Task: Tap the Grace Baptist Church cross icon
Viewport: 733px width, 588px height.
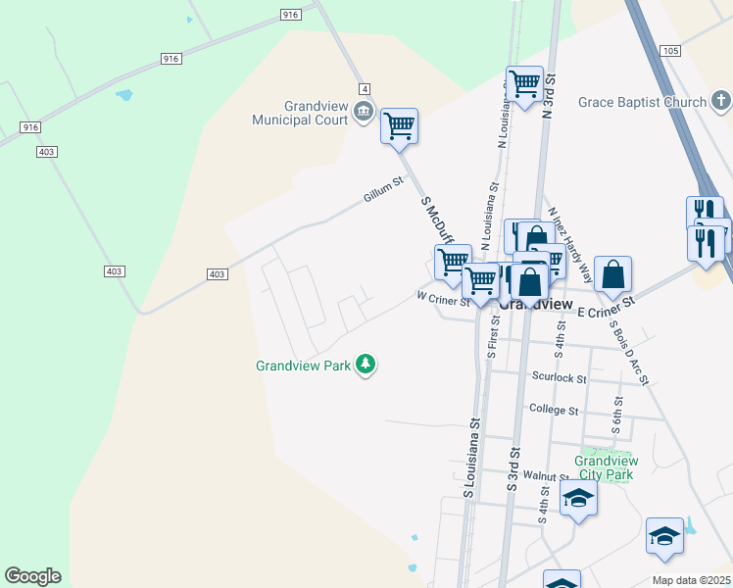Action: [720, 101]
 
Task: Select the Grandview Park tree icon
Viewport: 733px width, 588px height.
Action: [366, 366]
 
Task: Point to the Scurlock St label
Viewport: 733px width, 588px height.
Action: [559, 377]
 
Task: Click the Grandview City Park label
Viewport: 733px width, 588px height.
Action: [606, 467]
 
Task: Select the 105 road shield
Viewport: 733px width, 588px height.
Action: [670, 50]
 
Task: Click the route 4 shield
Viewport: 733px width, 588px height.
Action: [364, 88]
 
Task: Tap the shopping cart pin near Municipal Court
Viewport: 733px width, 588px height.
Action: [399, 125]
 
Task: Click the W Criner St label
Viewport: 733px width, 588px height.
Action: [443, 298]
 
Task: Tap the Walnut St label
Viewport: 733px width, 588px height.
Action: [539, 475]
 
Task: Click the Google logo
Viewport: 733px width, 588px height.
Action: [32, 576]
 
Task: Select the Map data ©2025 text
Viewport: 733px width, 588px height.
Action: [690, 580]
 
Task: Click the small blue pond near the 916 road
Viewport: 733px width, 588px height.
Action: [123, 96]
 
